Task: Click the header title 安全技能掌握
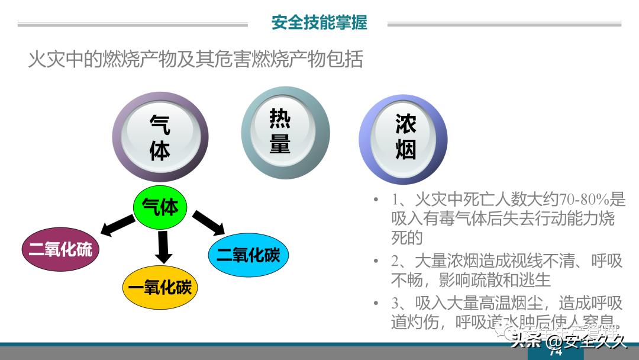pos(319,22)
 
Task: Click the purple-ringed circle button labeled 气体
pos(160,137)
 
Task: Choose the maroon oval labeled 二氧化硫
pos(60,250)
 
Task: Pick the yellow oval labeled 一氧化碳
pos(160,288)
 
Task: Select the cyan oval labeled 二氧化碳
pos(248,255)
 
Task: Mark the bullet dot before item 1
pos(376,200)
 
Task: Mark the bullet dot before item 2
pos(376,261)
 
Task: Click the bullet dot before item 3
pos(376,303)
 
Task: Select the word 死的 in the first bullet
pos(406,237)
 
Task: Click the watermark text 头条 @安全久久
pos(569,341)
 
